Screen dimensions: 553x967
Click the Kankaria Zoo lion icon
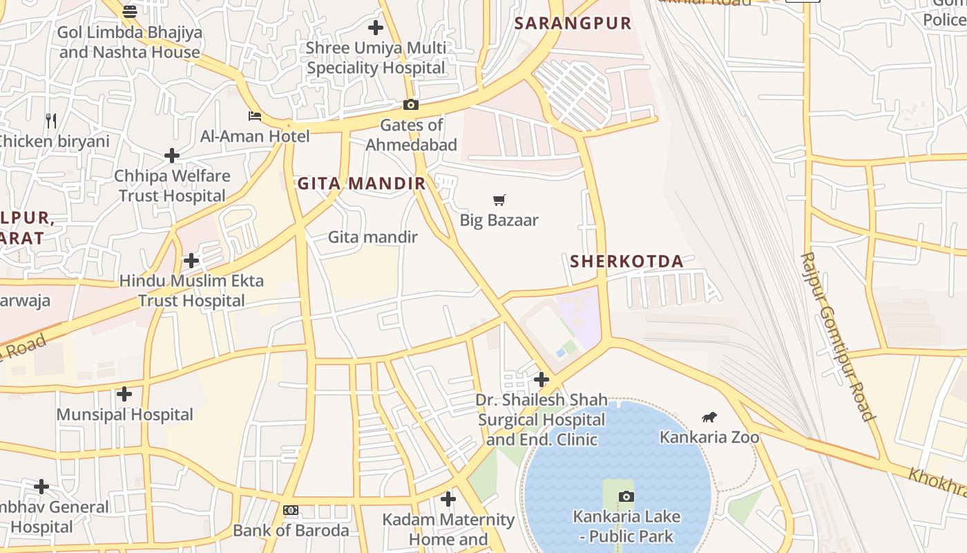pos(709,417)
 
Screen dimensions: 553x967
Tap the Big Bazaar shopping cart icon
pos(499,200)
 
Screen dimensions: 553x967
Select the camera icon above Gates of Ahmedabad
pos(411,105)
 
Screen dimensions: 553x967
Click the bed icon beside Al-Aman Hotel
pos(255,116)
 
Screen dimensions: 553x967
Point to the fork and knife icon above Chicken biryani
pos(51,121)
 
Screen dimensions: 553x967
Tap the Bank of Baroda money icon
pos(291,510)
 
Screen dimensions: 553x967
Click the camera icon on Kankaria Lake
pos(626,496)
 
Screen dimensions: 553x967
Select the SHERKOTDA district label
pos(626,261)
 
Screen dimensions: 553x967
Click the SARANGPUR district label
pos(573,23)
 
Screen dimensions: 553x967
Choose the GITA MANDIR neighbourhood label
pos(361,183)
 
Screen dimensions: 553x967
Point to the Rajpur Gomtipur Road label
pos(837,337)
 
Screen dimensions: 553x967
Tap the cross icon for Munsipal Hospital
pos(124,394)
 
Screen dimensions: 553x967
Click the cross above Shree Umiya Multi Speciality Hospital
pos(376,28)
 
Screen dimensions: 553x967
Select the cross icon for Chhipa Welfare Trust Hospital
pos(172,156)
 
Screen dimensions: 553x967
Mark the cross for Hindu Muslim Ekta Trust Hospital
pos(191,261)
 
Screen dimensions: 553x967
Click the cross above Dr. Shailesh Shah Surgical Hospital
pos(542,379)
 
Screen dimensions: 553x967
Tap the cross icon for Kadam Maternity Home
pos(448,498)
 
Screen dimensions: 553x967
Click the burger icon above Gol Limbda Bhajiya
pos(130,11)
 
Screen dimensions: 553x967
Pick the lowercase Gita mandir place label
pos(372,237)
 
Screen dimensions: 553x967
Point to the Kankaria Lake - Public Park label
pos(626,526)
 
